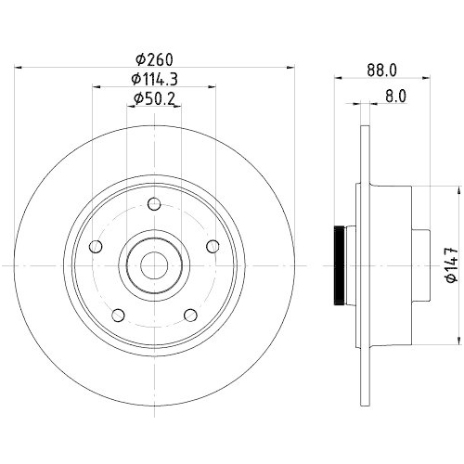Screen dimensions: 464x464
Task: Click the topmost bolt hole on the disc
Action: [x=155, y=205]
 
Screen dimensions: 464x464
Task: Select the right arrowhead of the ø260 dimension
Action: [x=287, y=66]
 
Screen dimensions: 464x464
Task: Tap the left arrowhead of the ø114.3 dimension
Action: [x=96, y=87]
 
